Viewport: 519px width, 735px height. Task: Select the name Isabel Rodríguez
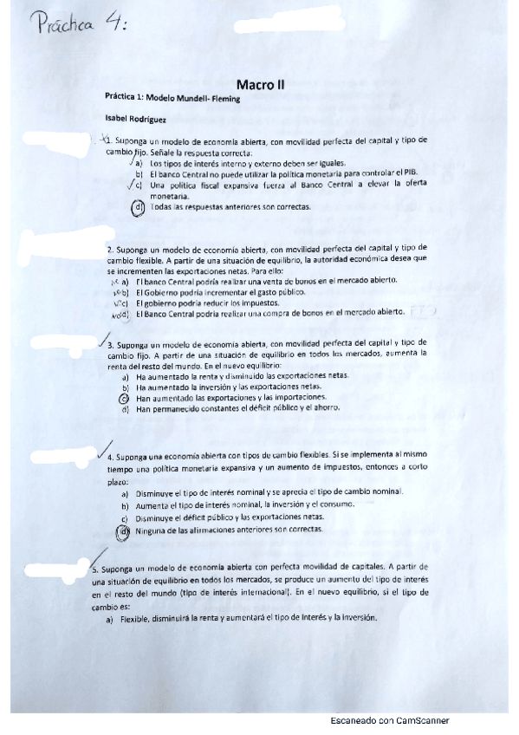[x=130, y=120]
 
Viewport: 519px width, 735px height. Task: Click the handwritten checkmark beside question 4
[x=104, y=448]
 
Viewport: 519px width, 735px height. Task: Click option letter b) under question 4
[x=126, y=504]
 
